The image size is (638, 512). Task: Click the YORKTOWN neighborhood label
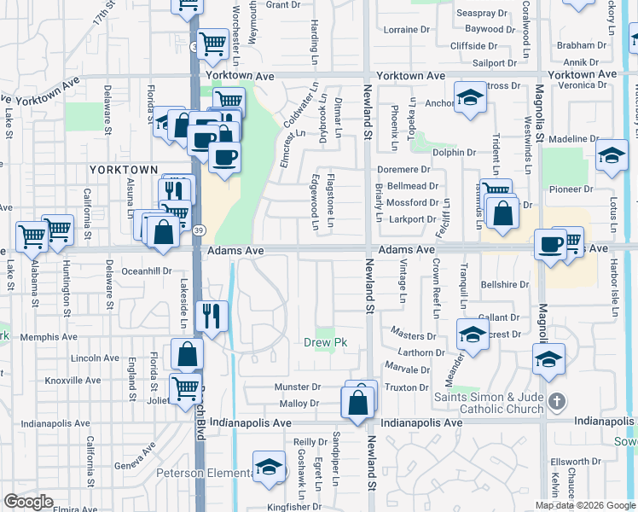124,171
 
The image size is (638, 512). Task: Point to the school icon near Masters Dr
472,335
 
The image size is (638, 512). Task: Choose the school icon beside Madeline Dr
612,155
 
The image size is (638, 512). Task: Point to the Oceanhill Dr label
147,271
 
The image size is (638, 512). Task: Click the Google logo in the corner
29,502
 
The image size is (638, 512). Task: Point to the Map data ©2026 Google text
585,505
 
